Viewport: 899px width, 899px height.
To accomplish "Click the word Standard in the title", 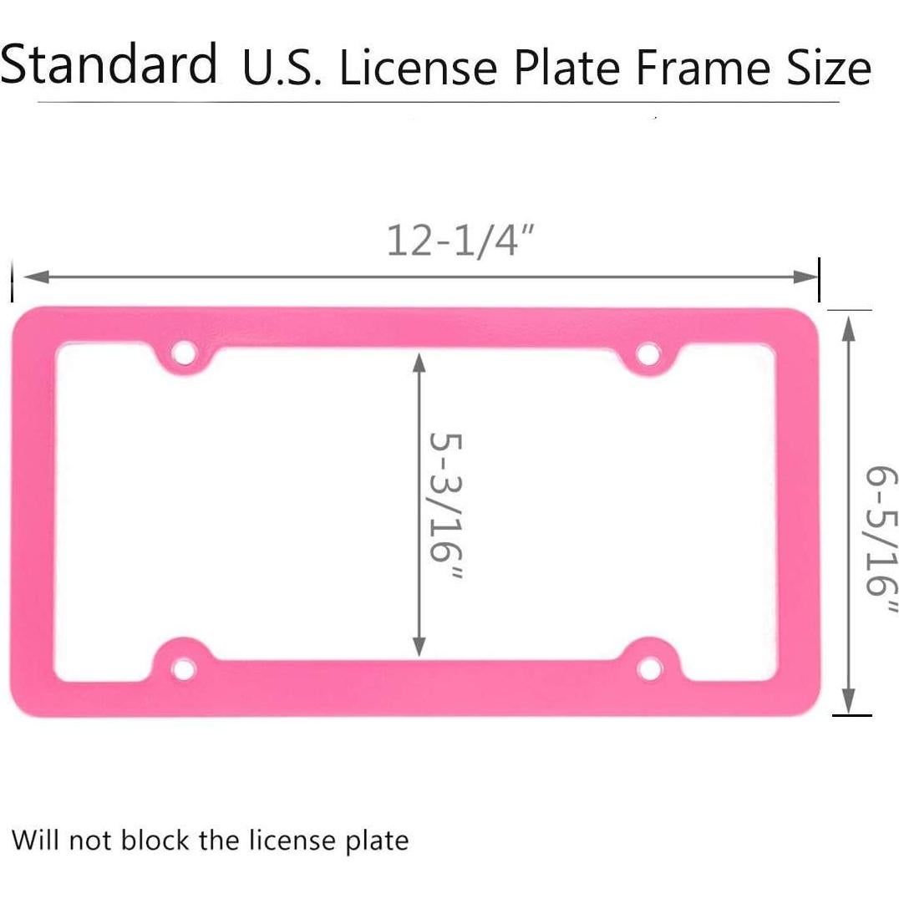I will (109, 64).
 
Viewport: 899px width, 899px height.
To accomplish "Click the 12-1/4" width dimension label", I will (460, 241).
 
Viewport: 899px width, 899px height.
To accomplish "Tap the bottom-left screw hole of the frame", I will (182, 668).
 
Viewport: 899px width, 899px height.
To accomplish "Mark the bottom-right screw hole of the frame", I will (648, 668).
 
